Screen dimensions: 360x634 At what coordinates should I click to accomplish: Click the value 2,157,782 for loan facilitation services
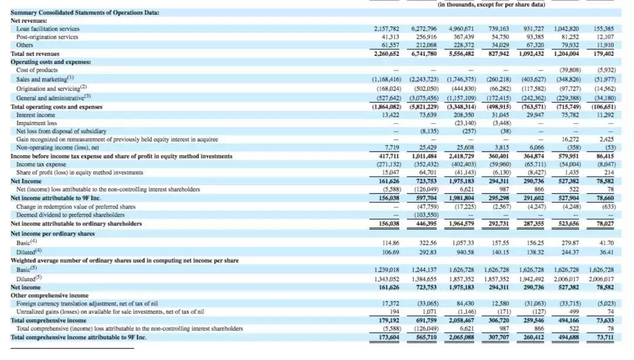click(x=387, y=29)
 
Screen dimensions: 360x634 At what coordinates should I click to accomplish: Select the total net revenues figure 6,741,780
click(x=424, y=53)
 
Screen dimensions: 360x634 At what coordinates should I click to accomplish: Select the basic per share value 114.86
click(x=390, y=243)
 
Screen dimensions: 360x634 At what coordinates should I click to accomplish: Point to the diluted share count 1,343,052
click(x=387, y=278)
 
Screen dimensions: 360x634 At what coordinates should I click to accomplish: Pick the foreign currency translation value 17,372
click(x=390, y=304)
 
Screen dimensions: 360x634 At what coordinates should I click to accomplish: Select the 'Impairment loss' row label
click(x=36, y=123)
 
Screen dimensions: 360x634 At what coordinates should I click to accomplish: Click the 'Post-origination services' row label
click(x=48, y=37)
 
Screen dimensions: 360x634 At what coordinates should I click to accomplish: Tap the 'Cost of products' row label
click(x=37, y=70)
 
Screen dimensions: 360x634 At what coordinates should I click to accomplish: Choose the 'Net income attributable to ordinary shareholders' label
click(x=76, y=223)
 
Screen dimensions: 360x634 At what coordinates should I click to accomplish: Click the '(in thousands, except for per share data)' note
click(x=491, y=5)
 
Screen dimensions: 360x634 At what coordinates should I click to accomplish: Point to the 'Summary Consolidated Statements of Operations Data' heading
click(x=85, y=12)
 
